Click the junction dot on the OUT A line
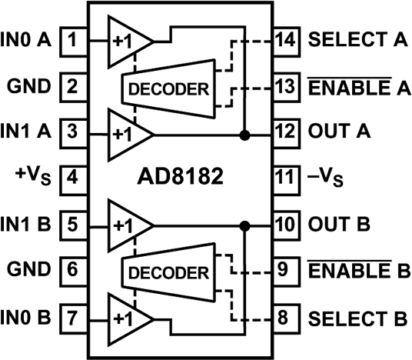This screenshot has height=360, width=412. coord(245,135)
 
